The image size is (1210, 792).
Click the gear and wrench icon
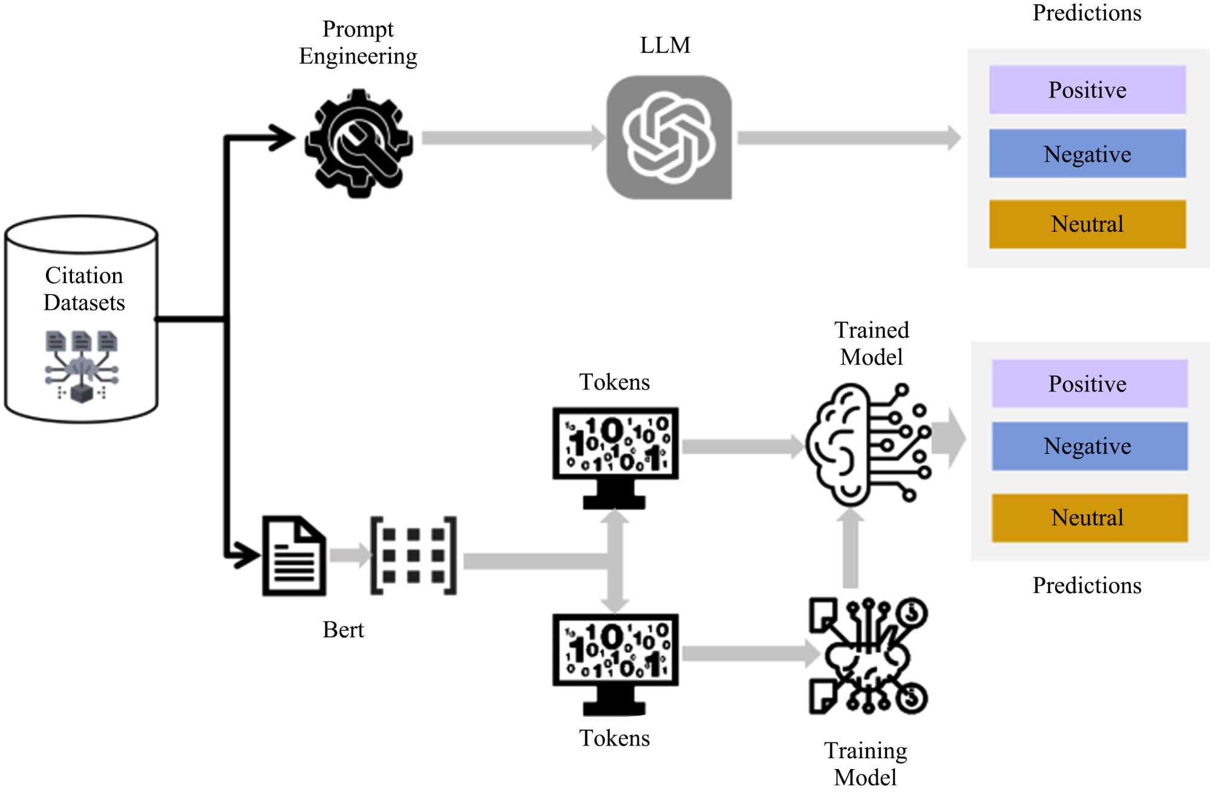359,143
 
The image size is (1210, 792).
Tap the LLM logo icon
669,137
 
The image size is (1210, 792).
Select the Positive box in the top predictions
1087,90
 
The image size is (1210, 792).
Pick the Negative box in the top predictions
1087,154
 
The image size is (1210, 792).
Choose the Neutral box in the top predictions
1087,224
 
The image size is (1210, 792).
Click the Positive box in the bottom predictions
1089,384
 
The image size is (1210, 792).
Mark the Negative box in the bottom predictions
1089,447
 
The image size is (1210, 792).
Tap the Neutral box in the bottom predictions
1089,518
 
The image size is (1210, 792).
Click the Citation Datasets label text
84,289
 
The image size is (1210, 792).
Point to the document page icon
294,556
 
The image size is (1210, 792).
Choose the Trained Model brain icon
868,445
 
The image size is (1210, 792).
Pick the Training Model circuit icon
869,656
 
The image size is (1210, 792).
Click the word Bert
343,630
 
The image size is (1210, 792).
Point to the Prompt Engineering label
358,42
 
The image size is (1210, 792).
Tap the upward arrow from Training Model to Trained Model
851,548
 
